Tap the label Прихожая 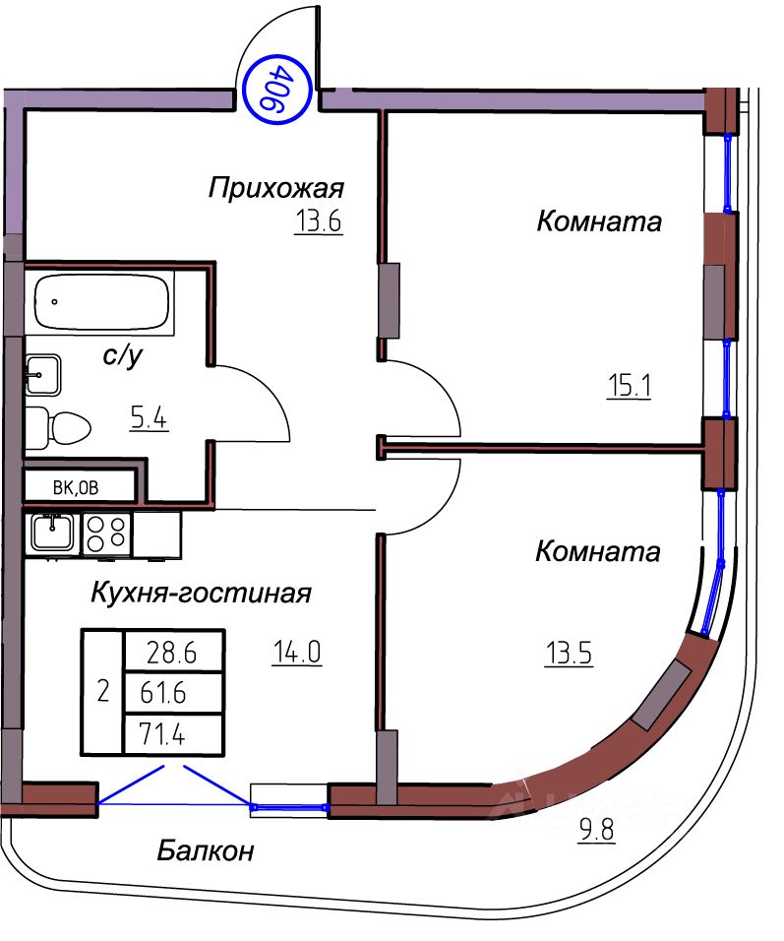[276, 187]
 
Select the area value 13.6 [318, 221]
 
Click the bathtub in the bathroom [101, 302]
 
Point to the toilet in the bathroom [58, 426]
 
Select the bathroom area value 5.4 [149, 419]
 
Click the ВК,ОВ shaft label [77, 486]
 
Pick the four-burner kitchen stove [107, 533]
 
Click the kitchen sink [50, 533]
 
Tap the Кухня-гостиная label [201, 594]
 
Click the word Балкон [206, 850]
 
